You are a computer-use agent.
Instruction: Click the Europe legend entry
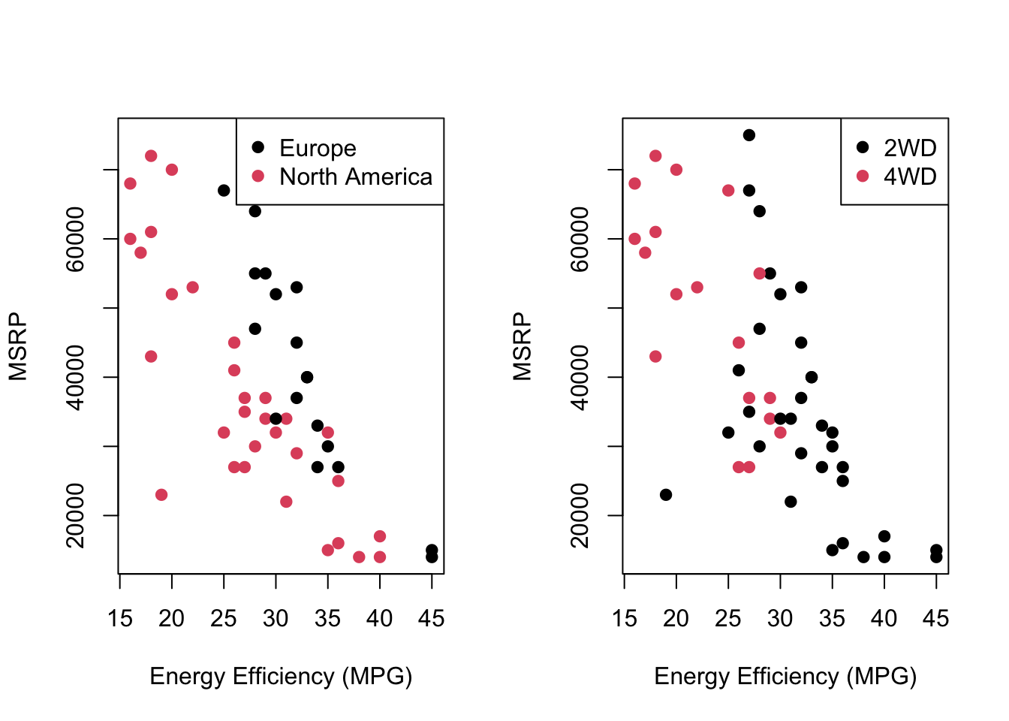tap(317, 148)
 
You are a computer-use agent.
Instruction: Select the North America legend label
tap(355, 176)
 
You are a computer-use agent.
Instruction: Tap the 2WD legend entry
tap(909, 148)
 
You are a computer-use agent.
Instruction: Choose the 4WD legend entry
tap(909, 176)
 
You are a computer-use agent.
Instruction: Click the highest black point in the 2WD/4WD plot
tap(748, 135)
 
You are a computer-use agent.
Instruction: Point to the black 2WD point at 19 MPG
tap(666, 495)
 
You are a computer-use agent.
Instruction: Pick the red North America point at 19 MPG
tap(161, 495)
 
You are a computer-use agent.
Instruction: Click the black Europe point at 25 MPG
tap(224, 191)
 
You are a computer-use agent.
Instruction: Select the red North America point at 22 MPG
tap(193, 288)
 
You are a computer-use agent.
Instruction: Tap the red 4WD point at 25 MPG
tap(728, 191)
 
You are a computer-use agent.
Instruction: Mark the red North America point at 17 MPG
tap(140, 252)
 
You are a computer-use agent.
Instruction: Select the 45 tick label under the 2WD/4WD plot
tap(935, 619)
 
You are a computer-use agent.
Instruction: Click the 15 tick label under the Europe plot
tap(120, 619)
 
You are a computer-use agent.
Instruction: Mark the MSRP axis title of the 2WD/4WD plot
tap(523, 347)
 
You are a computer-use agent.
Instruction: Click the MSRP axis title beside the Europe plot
tap(18, 347)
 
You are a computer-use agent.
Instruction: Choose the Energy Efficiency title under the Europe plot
tap(281, 677)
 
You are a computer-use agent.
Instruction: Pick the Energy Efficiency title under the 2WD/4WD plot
tap(785, 677)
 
